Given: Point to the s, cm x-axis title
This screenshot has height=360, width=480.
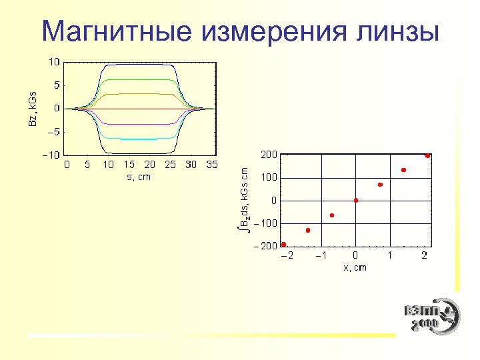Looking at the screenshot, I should [x=138, y=177].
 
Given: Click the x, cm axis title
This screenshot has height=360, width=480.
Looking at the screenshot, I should [x=355, y=267].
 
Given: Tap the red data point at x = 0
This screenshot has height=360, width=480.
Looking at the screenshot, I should [x=356, y=200].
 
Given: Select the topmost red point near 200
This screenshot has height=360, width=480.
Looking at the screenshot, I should [x=427, y=155].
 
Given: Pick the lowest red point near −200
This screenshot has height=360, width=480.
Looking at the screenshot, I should [x=284, y=245].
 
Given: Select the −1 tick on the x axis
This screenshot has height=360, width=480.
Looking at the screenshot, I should [x=320, y=255].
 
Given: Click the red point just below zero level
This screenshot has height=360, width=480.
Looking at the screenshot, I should [x=332, y=215].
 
